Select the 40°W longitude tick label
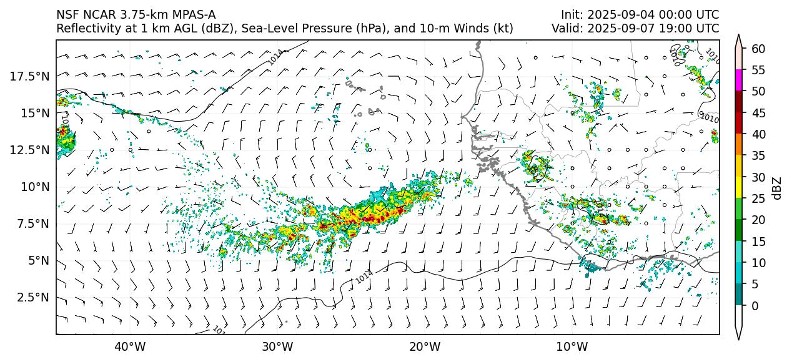[130, 346]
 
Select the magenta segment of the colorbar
[739, 81]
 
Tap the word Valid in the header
[567, 28]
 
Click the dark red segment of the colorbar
[739, 102]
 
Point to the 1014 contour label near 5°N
[365, 276]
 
